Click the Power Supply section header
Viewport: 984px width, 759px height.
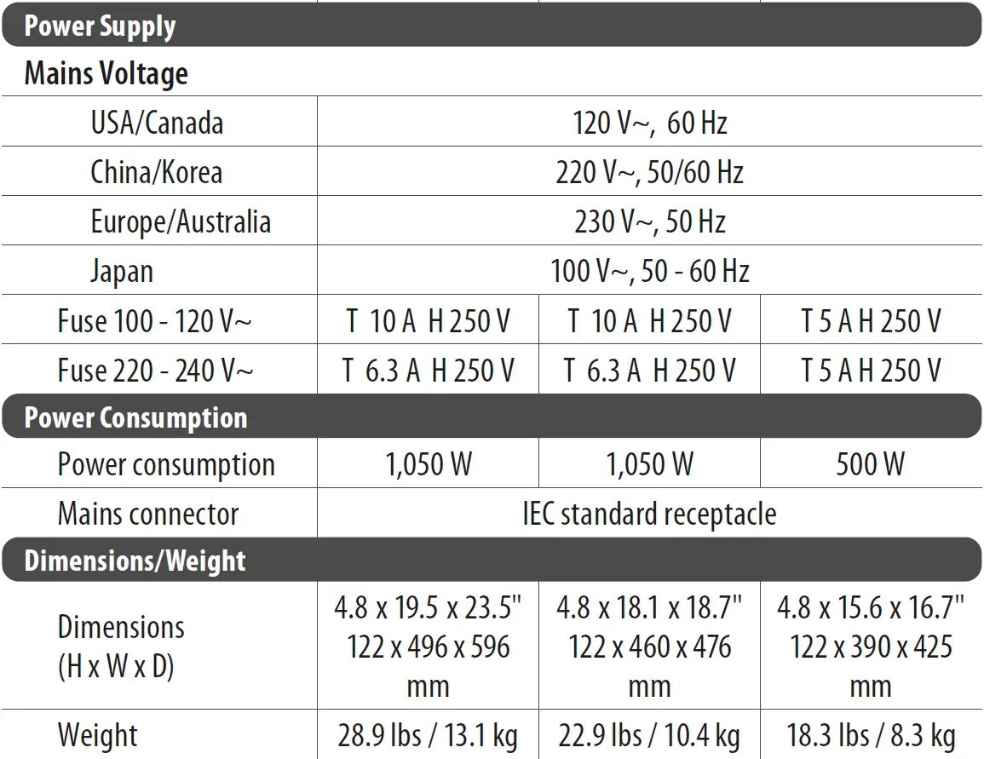point(100,26)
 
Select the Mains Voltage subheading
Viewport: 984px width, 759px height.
point(106,74)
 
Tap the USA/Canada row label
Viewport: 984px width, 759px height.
point(157,123)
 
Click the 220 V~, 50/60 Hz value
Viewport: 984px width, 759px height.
point(649,172)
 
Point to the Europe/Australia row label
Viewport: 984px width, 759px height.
point(181,221)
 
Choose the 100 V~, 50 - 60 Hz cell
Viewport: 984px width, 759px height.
point(649,272)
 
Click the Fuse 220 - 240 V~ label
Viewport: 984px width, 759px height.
point(155,371)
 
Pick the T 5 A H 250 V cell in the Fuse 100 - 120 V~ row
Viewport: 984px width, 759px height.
point(871,321)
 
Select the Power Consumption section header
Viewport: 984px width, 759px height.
point(135,417)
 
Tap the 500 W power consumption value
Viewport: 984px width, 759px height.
point(870,464)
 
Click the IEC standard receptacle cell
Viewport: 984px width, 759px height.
point(649,514)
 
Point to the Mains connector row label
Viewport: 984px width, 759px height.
point(147,514)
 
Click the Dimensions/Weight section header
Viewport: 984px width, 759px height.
point(135,561)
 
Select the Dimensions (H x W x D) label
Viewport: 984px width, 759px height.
point(121,646)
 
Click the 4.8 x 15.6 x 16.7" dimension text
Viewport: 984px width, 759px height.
point(871,608)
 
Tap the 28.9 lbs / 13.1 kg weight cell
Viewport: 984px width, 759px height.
point(428,735)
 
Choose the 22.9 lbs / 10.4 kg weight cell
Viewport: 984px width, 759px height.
point(649,735)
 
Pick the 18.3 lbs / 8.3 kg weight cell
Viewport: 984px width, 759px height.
point(871,735)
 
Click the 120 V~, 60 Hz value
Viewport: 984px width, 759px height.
point(649,123)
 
